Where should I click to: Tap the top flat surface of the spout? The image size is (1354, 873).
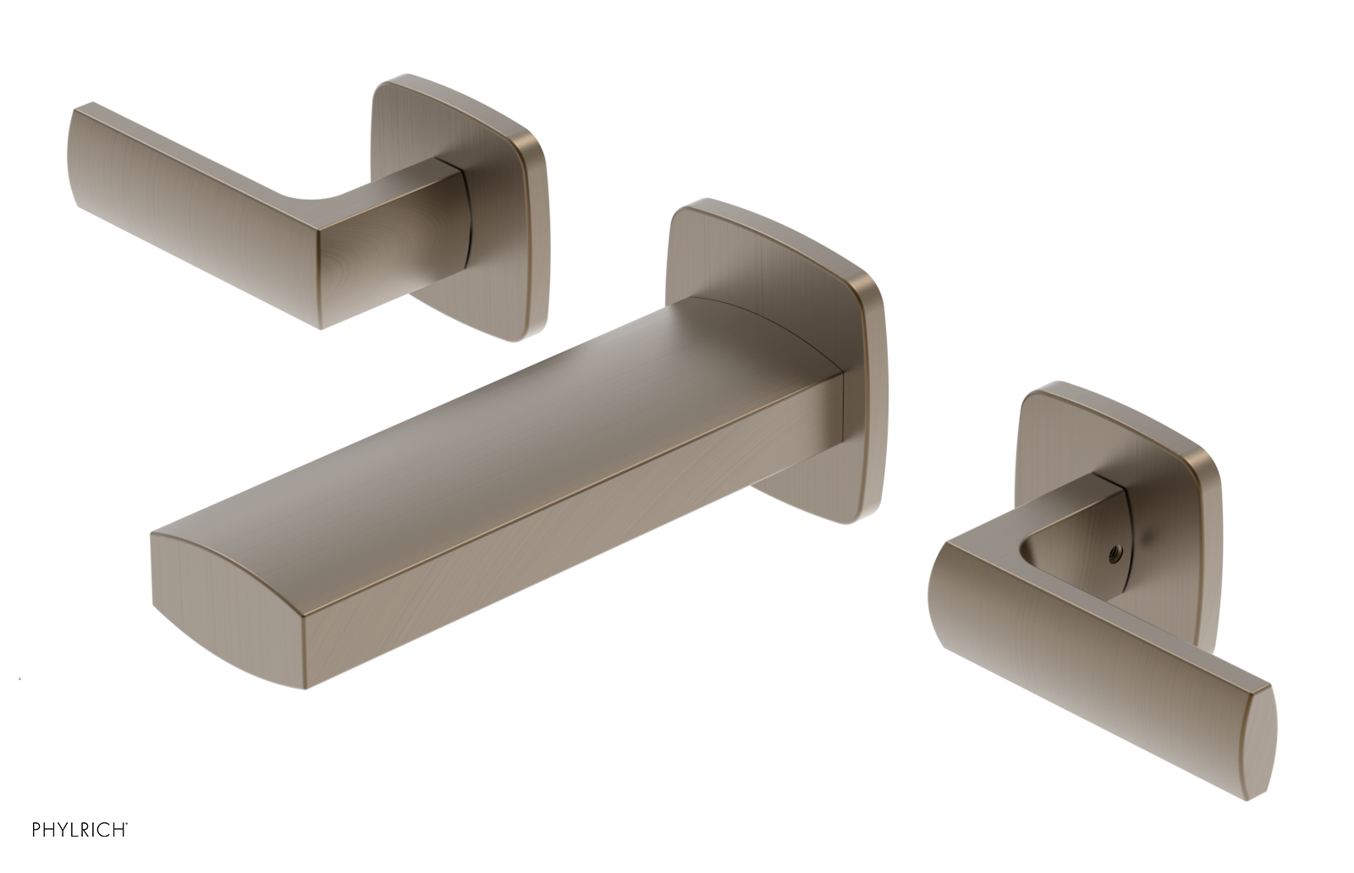pyautogui.click(x=508, y=423)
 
